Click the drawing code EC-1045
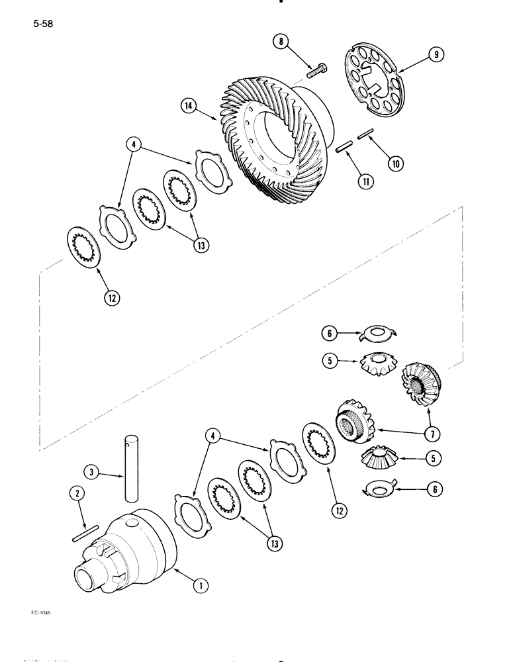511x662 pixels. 40,614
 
